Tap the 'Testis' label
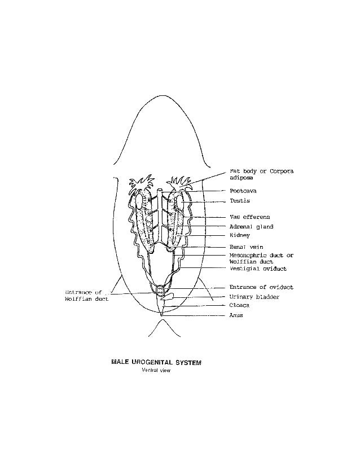click(x=240, y=201)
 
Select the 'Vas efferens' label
click(x=249, y=217)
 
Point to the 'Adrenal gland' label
click(x=251, y=226)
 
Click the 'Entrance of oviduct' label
click(x=261, y=287)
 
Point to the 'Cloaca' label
click(x=239, y=306)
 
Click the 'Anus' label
click(x=236, y=315)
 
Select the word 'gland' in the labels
click(x=263, y=226)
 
